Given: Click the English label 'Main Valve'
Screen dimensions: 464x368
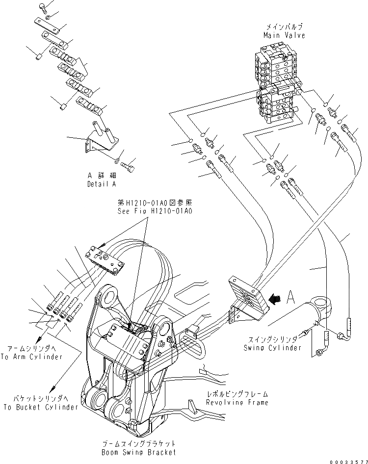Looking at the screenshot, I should click(x=284, y=35).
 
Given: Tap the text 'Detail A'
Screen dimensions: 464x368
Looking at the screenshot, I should click(x=102, y=184).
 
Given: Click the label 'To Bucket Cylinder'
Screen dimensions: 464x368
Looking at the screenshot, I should click(x=41, y=407).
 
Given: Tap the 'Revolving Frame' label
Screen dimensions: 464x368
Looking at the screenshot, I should click(x=237, y=402).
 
